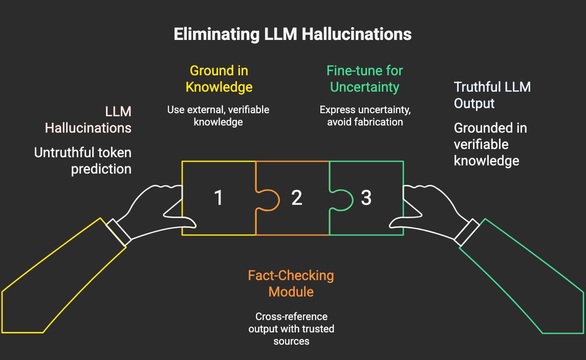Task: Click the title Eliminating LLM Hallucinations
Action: [x=292, y=34]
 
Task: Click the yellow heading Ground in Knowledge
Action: [x=219, y=79]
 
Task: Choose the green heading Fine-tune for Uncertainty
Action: [x=364, y=79]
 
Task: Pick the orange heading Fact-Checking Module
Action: [x=291, y=284]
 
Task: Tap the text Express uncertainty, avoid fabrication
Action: [x=361, y=116]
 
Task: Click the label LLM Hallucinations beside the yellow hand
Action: [x=88, y=119]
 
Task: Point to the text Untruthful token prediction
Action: [x=83, y=160]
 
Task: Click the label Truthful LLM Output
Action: [x=492, y=95]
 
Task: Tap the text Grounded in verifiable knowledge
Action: [x=490, y=144]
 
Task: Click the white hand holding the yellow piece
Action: [x=154, y=210]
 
